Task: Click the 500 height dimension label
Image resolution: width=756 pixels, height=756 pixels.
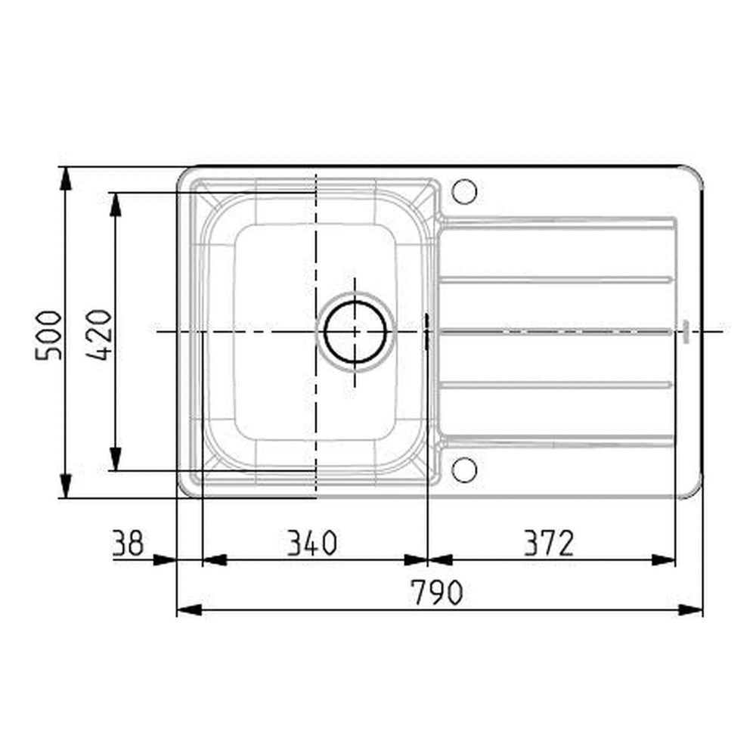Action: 48,334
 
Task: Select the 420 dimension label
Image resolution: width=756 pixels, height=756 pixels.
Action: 102,334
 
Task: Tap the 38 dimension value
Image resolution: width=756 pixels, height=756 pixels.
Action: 128,543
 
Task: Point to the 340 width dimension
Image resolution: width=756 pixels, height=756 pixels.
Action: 310,543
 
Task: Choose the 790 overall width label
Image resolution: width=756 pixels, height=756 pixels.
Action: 436,593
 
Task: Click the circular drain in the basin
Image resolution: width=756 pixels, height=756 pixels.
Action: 355,331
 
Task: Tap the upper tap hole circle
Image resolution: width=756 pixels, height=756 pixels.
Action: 464,191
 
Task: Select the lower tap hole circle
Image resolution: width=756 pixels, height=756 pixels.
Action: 464,469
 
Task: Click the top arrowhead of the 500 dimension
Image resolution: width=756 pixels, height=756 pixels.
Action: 66,178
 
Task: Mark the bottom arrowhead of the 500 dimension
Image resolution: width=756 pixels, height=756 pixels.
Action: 66,485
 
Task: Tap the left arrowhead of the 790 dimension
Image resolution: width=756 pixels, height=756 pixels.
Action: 188,610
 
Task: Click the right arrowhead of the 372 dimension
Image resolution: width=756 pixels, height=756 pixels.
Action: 663,560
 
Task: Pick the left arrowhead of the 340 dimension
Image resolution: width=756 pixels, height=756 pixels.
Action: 215,560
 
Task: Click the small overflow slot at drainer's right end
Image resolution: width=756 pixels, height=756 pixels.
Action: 684,331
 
